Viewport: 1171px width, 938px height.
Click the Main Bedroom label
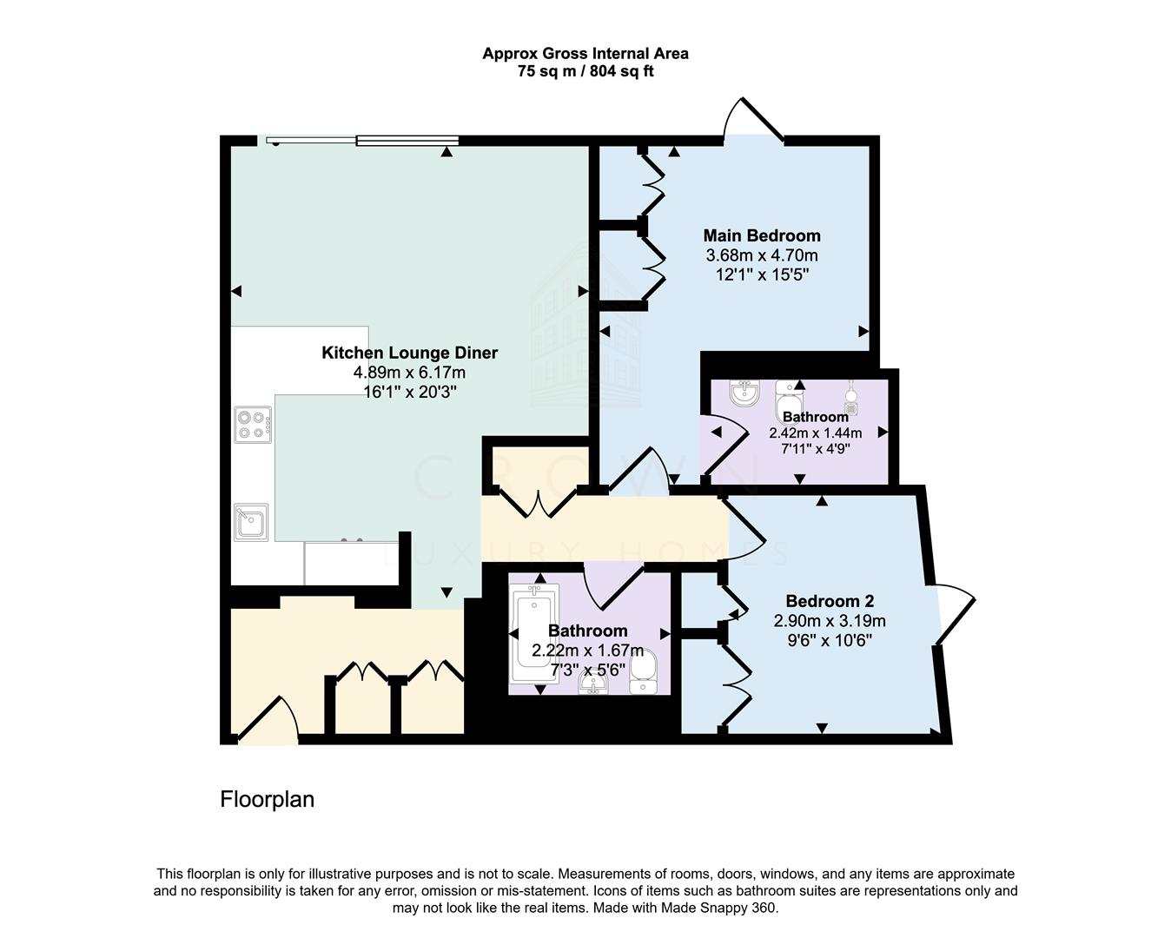[761, 235]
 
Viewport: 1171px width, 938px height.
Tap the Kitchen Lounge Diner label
[409, 353]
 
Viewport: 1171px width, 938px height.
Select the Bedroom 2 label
[830, 601]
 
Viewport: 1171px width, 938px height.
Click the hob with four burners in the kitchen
[252, 423]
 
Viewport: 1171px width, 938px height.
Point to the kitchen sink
[251, 523]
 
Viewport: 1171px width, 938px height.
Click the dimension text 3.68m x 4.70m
[761, 255]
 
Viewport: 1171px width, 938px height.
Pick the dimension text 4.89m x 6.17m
[409, 373]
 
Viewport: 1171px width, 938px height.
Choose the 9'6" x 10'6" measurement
[830, 641]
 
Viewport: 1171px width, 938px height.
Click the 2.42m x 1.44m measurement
[815, 433]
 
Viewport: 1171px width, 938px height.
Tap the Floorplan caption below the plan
[267, 799]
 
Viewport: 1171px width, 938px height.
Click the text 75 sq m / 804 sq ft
[585, 72]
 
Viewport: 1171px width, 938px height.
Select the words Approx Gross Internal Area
[585, 53]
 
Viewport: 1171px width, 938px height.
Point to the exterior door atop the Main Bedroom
[753, 122]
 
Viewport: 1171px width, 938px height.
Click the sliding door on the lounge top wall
[363, 140]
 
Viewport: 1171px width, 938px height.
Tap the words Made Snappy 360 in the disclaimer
[718, 908]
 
